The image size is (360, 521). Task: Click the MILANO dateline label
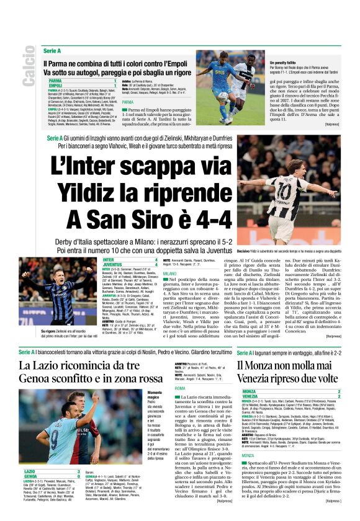click(169, 273)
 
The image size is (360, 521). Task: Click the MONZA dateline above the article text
click(230, 438)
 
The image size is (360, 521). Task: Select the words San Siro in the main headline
click(139, 219)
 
